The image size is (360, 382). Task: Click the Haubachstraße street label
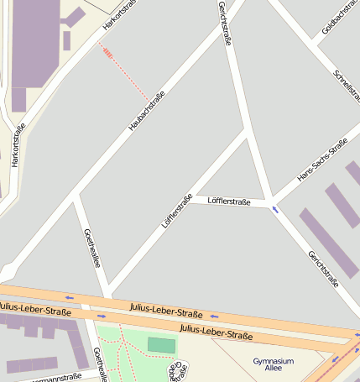pyautogui.click(x=146, y=110)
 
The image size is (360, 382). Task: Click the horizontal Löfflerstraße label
pyautogui.click(x=229, y=201)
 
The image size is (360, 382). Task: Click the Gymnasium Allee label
pyautogui.click(x=273, y=364)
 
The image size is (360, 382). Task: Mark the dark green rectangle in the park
pyautogui.click(x=162, y=344)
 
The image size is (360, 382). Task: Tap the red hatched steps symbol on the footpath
pyautogui.click(x=107, y=52)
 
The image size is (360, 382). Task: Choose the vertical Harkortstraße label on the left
pyautogui.click(x=18, y=144)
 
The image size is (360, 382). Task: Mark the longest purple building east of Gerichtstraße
pyautogui.click(x=329, y=243)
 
